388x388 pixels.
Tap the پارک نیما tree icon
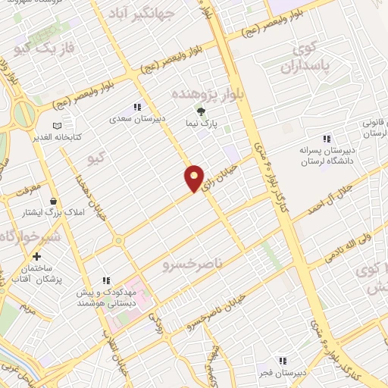point(211,112)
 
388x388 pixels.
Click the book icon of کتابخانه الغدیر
point(57,126)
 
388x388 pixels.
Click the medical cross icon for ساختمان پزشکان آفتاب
point(36,256)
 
